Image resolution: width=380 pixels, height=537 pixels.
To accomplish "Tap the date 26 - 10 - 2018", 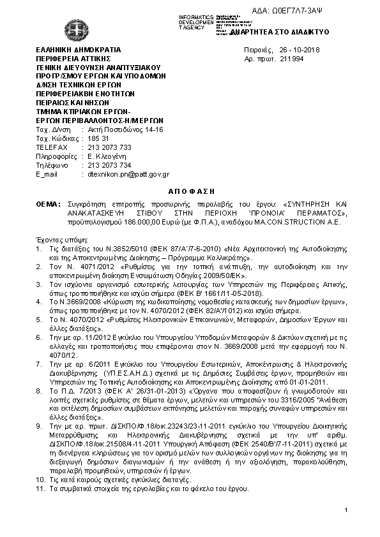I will click(300, 50).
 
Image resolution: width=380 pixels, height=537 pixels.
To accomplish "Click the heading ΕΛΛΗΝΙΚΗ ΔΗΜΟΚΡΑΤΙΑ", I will click(79, 50).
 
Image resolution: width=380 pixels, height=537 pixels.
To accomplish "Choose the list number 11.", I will click(40, 489).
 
